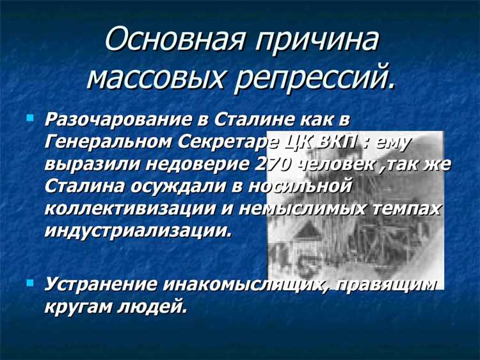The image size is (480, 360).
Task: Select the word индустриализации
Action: coord(136,230)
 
